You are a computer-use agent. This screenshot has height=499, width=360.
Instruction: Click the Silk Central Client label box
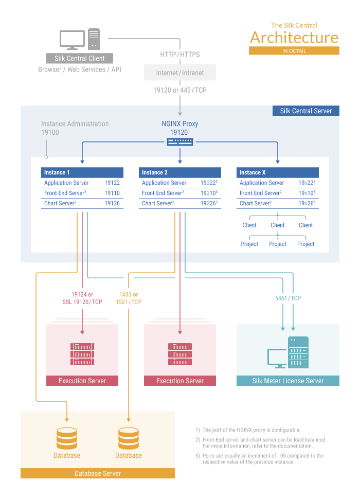(x=80, y=58)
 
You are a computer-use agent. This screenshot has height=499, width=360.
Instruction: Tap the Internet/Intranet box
(x=180, y=73)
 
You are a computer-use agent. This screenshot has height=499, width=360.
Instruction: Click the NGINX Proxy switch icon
(x=180, y=141)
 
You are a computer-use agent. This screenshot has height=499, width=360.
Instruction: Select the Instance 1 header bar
(x=82, y=172)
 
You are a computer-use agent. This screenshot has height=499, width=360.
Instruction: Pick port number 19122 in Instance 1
(x=112, y=183)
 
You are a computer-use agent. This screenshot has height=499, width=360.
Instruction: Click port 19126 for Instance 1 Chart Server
(x=112, y=203)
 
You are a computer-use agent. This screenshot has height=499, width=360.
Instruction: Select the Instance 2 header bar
(x=180, y=172)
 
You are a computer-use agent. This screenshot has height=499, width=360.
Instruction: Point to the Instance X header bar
(x=278, y=172)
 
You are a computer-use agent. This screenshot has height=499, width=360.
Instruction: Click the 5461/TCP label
(x=288, y=298)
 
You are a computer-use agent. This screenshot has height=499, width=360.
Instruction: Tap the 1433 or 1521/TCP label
(x=129, y=298)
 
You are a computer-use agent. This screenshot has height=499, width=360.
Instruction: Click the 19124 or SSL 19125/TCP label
(x=82, y=298)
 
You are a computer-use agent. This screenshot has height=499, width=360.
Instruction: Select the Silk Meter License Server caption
(x=288, y=381)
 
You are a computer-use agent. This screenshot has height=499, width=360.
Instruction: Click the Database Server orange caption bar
(x=98, y=473)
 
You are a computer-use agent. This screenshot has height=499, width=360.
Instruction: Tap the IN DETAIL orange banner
(x=294, y=51)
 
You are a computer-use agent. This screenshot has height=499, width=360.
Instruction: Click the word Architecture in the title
(x=294, y=38)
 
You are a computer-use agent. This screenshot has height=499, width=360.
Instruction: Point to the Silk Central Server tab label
(x=306, y=111)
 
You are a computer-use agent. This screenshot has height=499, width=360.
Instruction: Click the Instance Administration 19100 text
(x=75, y=128)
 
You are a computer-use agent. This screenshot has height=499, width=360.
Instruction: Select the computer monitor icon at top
(x=73, y=40)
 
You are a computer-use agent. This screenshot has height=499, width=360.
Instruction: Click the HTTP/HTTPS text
(x=180, y=55)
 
